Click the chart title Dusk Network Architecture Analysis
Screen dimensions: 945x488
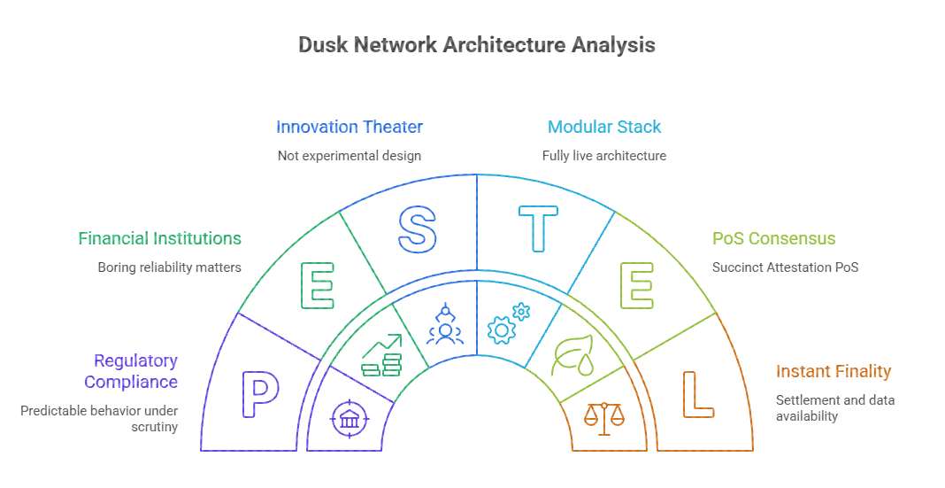coord(477,45)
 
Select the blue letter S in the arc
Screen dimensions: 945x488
coord(418,228)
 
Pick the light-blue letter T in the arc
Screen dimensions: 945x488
coord(538,228)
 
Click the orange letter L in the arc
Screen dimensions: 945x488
coord(697,394)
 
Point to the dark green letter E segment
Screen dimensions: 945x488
coord(318,285)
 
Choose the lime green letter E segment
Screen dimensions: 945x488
coord(638,285)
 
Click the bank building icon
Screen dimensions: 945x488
coord(350,418)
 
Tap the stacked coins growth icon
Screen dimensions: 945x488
coord(382,355)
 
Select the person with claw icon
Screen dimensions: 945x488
coord(444,324)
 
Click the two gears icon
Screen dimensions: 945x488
coord(509,324)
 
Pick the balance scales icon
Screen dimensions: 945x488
coord(605,418)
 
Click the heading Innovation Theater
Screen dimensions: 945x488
coord(350,127)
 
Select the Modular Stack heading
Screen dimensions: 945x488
coord(604,127)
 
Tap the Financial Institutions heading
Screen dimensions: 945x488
coord(159,238)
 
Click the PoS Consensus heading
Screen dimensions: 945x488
coord(774,238)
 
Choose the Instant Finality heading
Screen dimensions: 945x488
coord(834,371)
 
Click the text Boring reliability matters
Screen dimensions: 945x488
coord(169,267)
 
